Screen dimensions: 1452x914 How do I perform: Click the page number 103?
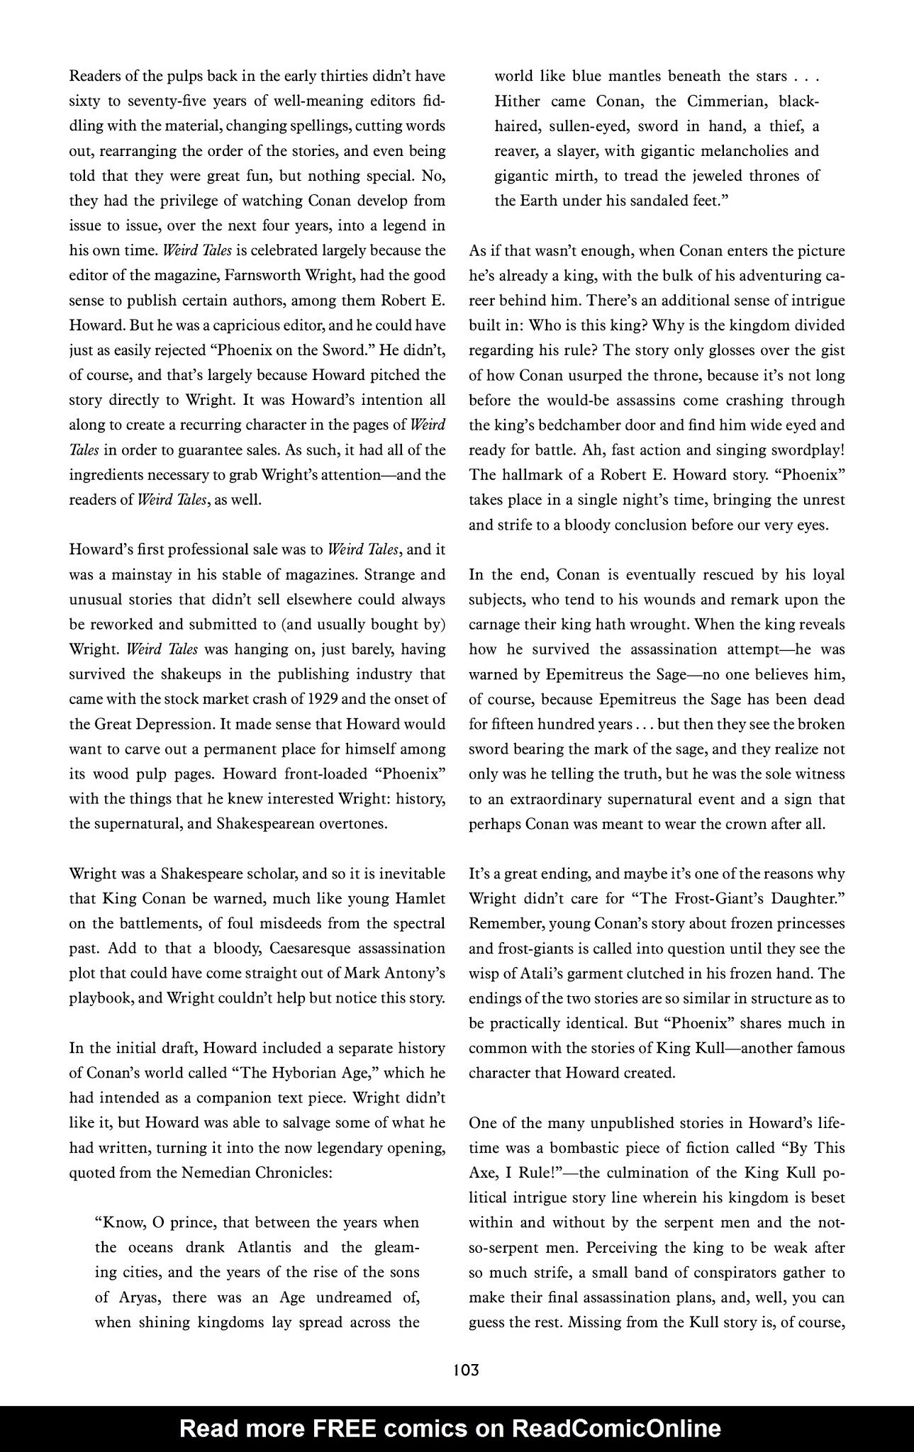click(x=465, y=1370)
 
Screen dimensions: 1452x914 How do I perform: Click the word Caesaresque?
click(x=314, y=948)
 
